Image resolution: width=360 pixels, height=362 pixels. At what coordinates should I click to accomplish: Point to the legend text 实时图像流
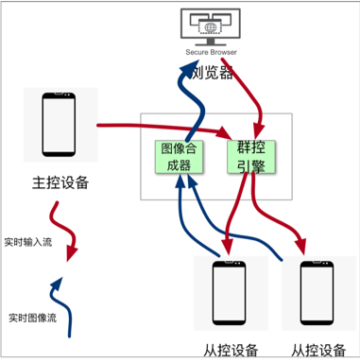pyautogui.click(x=31, y=317)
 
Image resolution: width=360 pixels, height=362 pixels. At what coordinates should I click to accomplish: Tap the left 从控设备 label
pyautogui.click(x=231, y=350)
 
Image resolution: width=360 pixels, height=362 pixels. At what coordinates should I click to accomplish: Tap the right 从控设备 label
pyautogui.click(x=318, y=350)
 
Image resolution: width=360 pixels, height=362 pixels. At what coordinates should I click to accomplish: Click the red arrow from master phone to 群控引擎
pyautogui.click(x=151, y=124)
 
